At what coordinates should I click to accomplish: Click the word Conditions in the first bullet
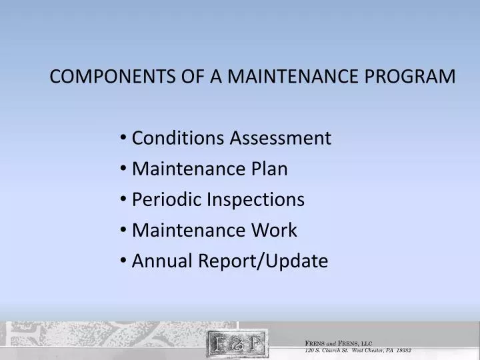pyautogui.click(x=177, y=139)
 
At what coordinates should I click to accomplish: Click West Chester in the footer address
pyautogui.click(x=369, y=350)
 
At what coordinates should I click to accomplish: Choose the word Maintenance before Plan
pyautogui.click(x=189, y=169)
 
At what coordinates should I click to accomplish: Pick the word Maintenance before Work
pyautogui.click(x=189, y=231)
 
